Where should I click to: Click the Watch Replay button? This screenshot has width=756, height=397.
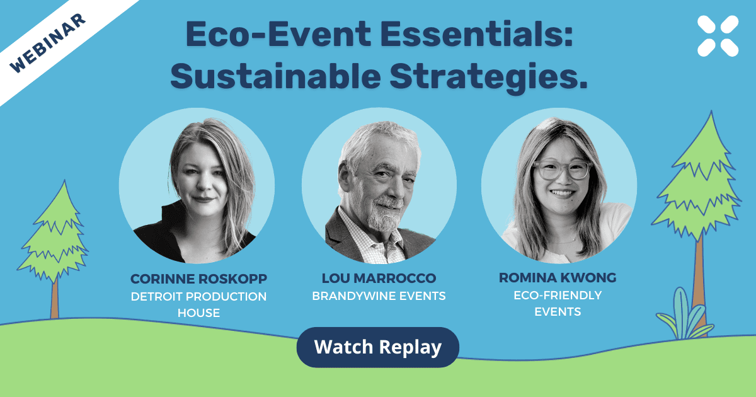click(377, 347)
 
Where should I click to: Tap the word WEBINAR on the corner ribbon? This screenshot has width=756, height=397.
click(47, 43)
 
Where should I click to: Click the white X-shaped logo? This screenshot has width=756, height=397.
click(718, 36)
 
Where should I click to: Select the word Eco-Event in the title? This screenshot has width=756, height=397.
click(278, 34)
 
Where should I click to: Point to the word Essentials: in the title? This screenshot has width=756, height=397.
click(476, 34)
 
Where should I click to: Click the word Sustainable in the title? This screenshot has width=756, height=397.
click(276, 76)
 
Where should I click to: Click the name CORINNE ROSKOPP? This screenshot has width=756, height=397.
click(199, 279)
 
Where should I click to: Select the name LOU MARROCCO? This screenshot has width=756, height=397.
click(379, 278)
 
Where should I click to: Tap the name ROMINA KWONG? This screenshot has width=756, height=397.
click(558, 277)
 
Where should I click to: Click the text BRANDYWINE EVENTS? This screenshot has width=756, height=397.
click(379, 296)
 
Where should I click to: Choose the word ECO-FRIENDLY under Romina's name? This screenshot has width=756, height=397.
click(558, 296)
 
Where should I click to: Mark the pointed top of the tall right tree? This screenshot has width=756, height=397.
click(711, 111)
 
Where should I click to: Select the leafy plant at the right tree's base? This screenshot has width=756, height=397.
click(684, 316)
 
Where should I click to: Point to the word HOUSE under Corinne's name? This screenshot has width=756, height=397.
click(199, 313)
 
